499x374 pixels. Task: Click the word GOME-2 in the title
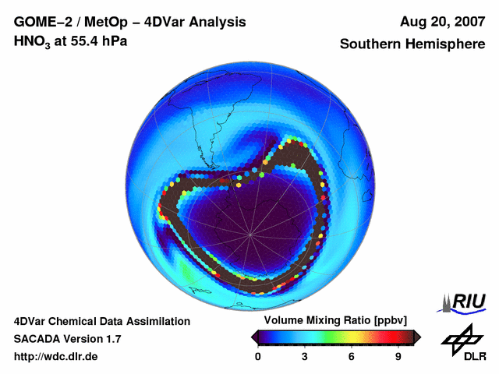[x=41, y=22]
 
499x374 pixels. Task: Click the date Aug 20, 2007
[x=444, y=22]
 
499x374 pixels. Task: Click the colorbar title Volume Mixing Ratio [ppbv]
[x=335, y=320]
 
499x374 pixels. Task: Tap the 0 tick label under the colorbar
[x=258, y=356]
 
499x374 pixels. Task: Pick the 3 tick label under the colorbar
[x=305, y=356]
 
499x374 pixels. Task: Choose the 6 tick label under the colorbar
[x=352, y=356]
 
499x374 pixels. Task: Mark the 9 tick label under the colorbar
[x=398, y=356]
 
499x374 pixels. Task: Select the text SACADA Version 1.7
[x=67, y=339]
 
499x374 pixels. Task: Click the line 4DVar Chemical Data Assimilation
[x=102, y=321]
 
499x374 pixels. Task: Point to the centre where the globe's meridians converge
[x=249, y=233]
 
